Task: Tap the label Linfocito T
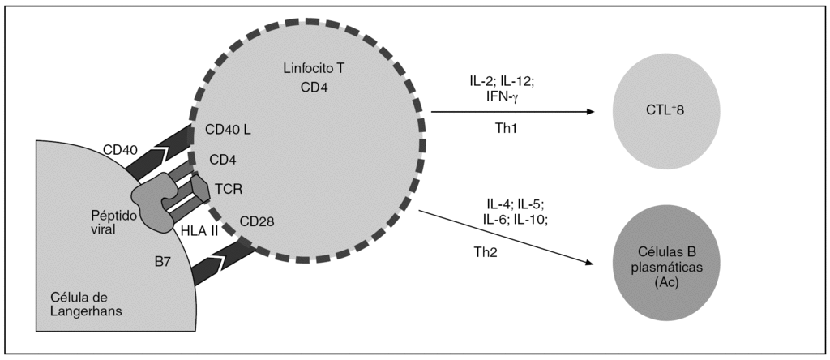tap(313, 70)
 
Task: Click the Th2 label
tap(486, 252)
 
